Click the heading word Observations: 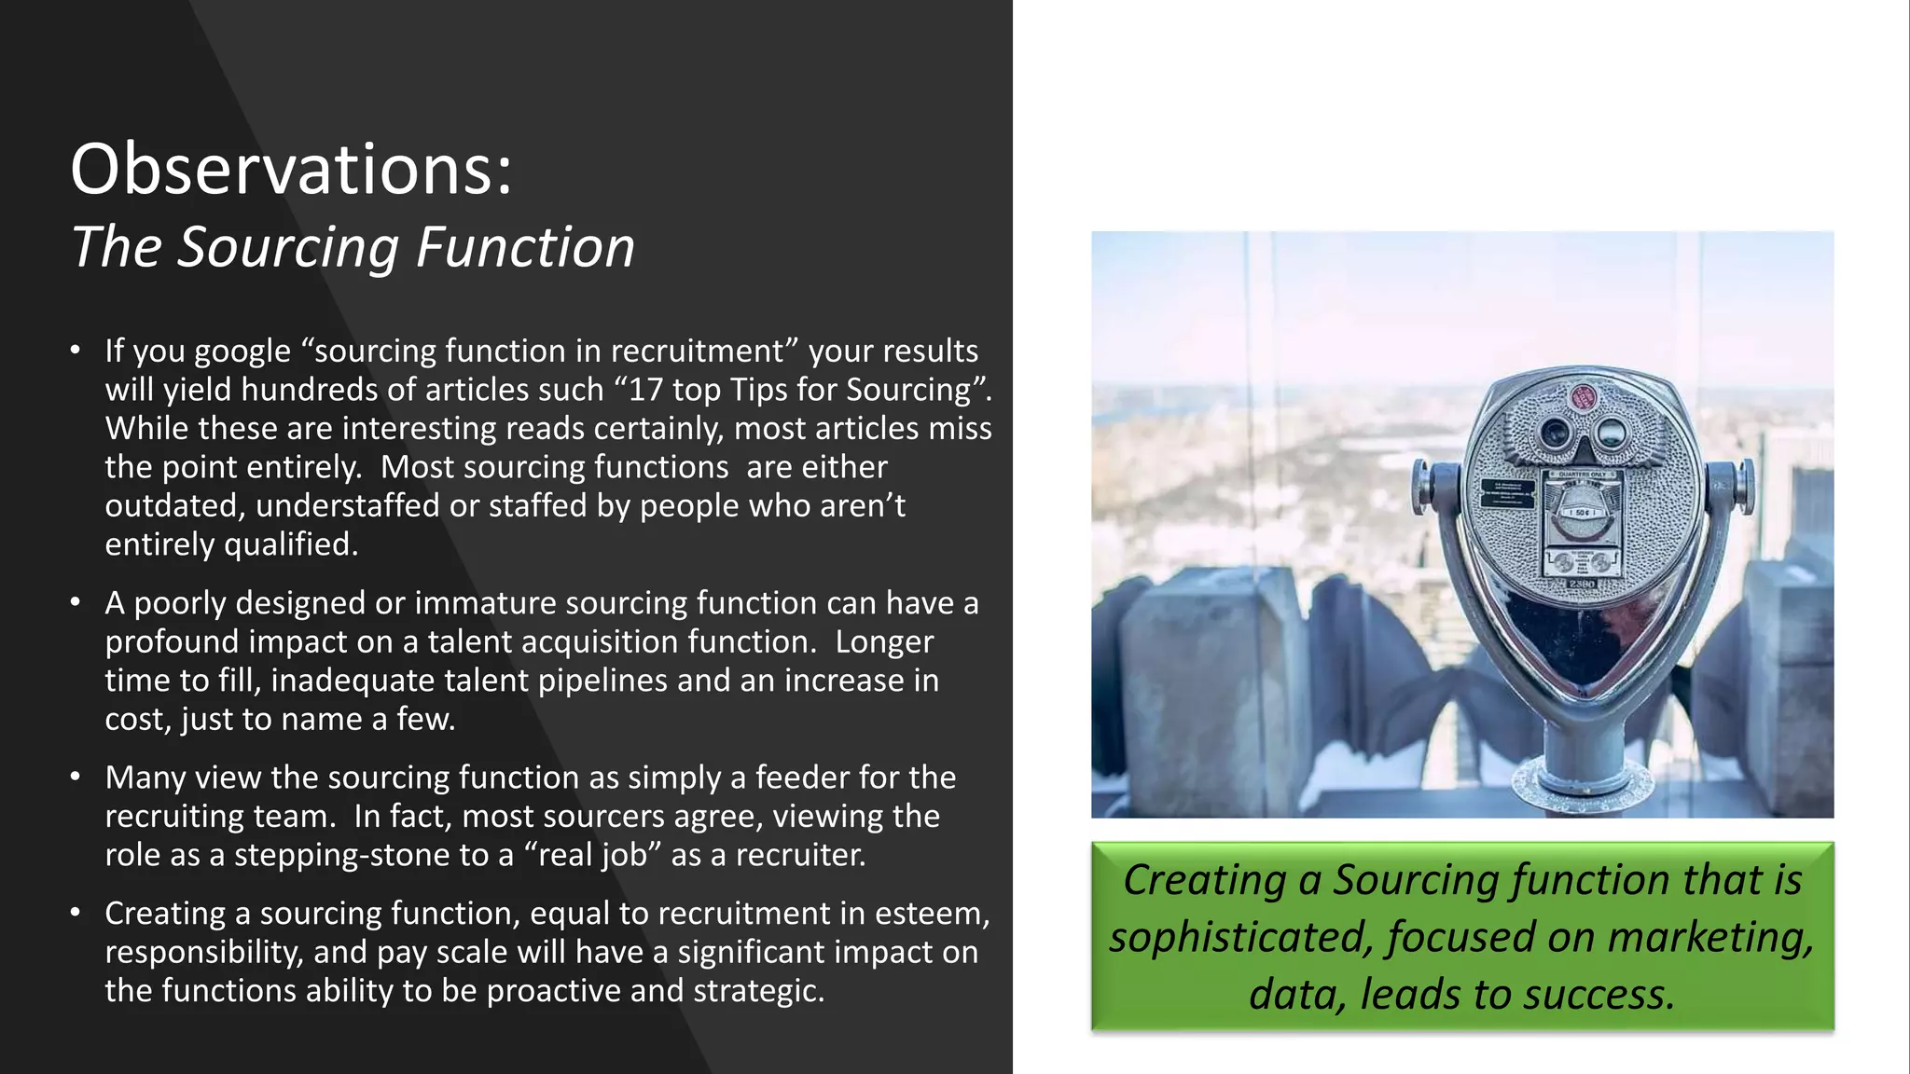pos(291,170)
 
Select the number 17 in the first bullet pos(645,390)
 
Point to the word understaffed pos(347,506)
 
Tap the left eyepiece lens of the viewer pos(1555,433)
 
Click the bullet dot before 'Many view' pos(76,778)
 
